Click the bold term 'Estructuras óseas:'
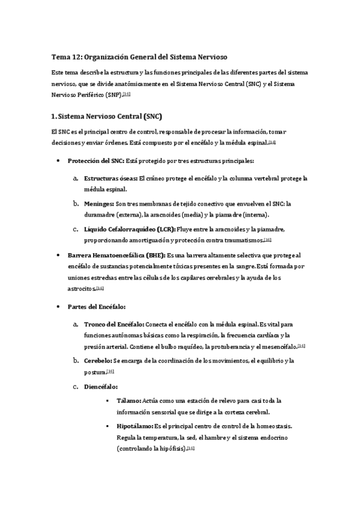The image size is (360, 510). pos(110,179)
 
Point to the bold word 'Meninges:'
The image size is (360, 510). pos(99,204)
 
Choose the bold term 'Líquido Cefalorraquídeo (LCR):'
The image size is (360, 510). pos(129,229)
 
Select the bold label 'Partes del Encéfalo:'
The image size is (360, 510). pos(96,307)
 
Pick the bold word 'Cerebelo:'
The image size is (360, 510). pos(98,360)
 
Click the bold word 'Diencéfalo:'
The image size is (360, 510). pos(101,386)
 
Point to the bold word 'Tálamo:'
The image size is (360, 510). pos(129,400)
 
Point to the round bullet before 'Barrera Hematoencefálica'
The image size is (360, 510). pos(58,256)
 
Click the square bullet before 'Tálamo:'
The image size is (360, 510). pos(108,401)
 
